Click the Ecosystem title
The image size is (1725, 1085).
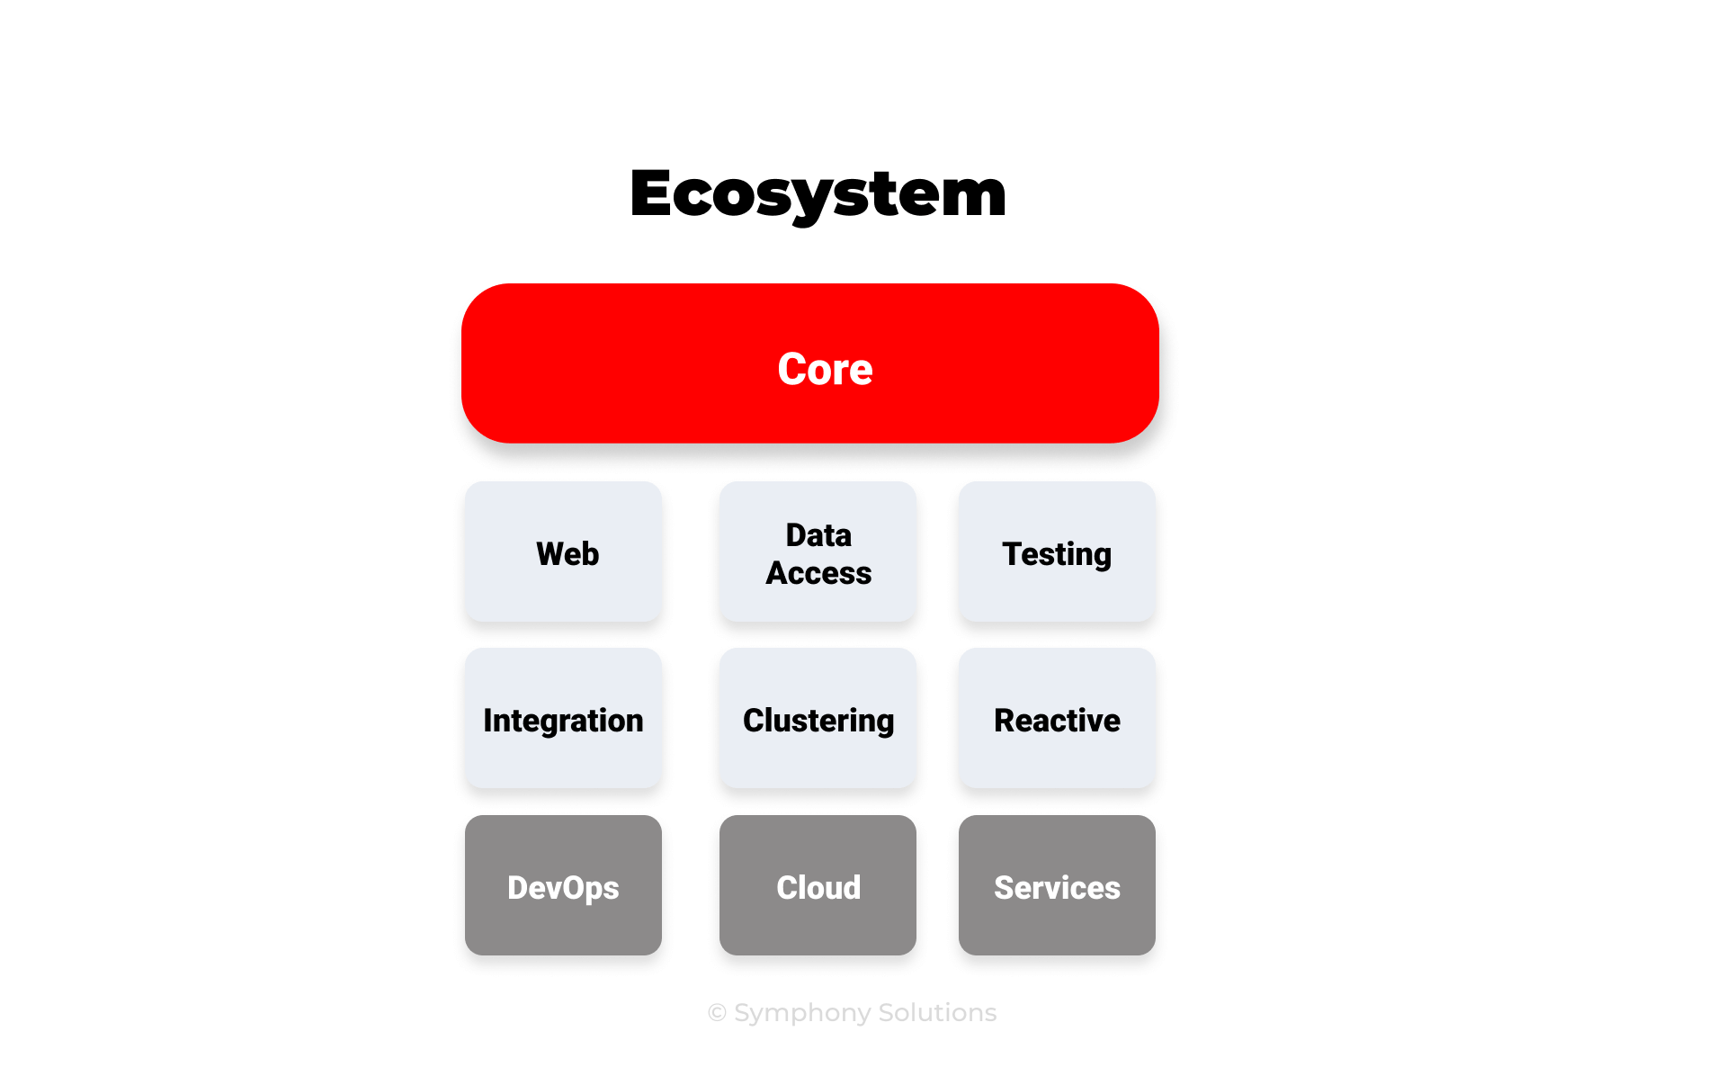[x=818, y=193]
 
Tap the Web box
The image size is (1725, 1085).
[x=563, y=551]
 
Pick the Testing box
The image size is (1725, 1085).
[x=1057, y=551]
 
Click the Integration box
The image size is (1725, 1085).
[x=563, y=718]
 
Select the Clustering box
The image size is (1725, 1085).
[x=818, y=718]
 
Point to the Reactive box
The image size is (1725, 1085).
[x=1057, y=718]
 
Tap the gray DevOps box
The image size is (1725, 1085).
[x=563, y=885]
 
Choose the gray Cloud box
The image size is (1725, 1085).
[x=818, y=885]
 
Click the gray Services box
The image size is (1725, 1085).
[x=1057, y=885]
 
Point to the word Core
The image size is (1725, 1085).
[x=825, y=369]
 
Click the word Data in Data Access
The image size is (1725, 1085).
[x=818, y=535]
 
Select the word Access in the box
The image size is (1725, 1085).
[x=818, y=573]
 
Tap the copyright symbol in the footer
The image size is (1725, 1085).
[x=717, y=1013]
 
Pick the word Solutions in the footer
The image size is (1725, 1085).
[x=937, y=1013]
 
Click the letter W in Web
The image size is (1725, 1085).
[x=550, y=553]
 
